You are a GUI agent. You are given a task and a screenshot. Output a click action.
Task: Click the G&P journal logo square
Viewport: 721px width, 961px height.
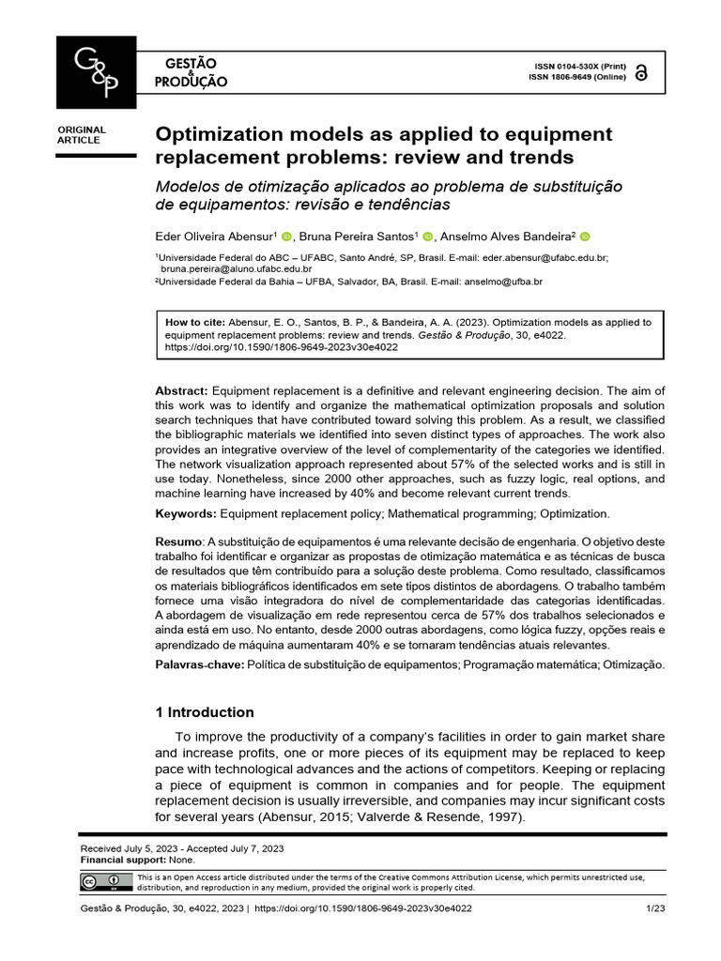[x=97, y=72]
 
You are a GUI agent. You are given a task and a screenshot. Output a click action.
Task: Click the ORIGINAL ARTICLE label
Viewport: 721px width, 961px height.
[x=83, y=135]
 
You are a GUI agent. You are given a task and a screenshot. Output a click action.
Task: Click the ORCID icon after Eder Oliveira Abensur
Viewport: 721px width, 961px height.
[x=287, y=236]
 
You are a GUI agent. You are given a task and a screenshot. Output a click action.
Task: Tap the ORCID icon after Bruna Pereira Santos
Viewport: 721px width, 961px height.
[x=428, y=236]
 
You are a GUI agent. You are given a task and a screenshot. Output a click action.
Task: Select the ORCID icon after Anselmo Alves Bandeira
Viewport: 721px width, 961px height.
[x=583, y=236]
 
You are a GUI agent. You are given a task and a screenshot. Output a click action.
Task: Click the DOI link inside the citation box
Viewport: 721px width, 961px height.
[x=281, y=346]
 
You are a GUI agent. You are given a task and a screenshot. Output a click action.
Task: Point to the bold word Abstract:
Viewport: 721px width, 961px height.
[x=182, y=390]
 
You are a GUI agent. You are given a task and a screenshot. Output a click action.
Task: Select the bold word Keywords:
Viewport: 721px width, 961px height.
[x=186, y=513]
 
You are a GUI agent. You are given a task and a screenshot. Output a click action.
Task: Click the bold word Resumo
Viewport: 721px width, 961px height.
[x=178, y=542]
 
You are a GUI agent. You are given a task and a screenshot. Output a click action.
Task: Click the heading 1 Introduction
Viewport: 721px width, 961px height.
[x=205, y=712]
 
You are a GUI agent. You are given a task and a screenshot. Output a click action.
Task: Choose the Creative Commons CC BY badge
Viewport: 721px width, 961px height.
[x=107, y=882]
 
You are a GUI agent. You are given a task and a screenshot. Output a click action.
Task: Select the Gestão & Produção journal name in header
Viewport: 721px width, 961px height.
[x=192, y=72]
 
